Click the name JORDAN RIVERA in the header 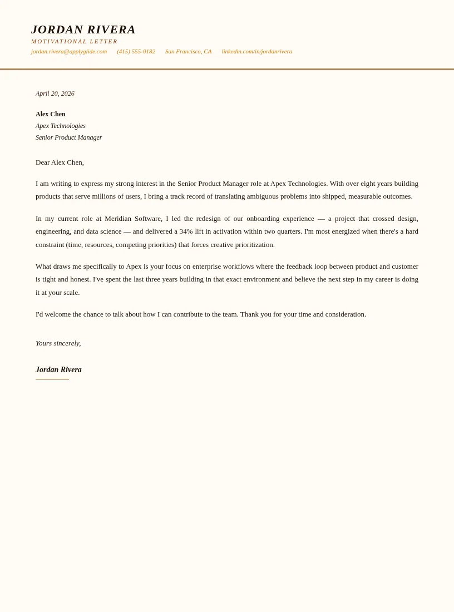(83, 29)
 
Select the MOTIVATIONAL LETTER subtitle (74, 41)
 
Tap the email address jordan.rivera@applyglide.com (69, 51)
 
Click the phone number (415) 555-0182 (136, 51)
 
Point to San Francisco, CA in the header (188, 51)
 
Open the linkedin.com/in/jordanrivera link (256, 51)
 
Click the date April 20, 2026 (55, 93)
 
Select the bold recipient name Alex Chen (51, 114)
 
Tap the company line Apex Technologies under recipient (61, 126)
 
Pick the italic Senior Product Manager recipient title (69, 137)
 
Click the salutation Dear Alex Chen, (60, 162)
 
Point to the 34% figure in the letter (186, 231)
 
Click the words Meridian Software (134, 219)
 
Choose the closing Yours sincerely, (58, 343)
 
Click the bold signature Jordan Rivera (58, 370)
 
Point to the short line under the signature (52, 379)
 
